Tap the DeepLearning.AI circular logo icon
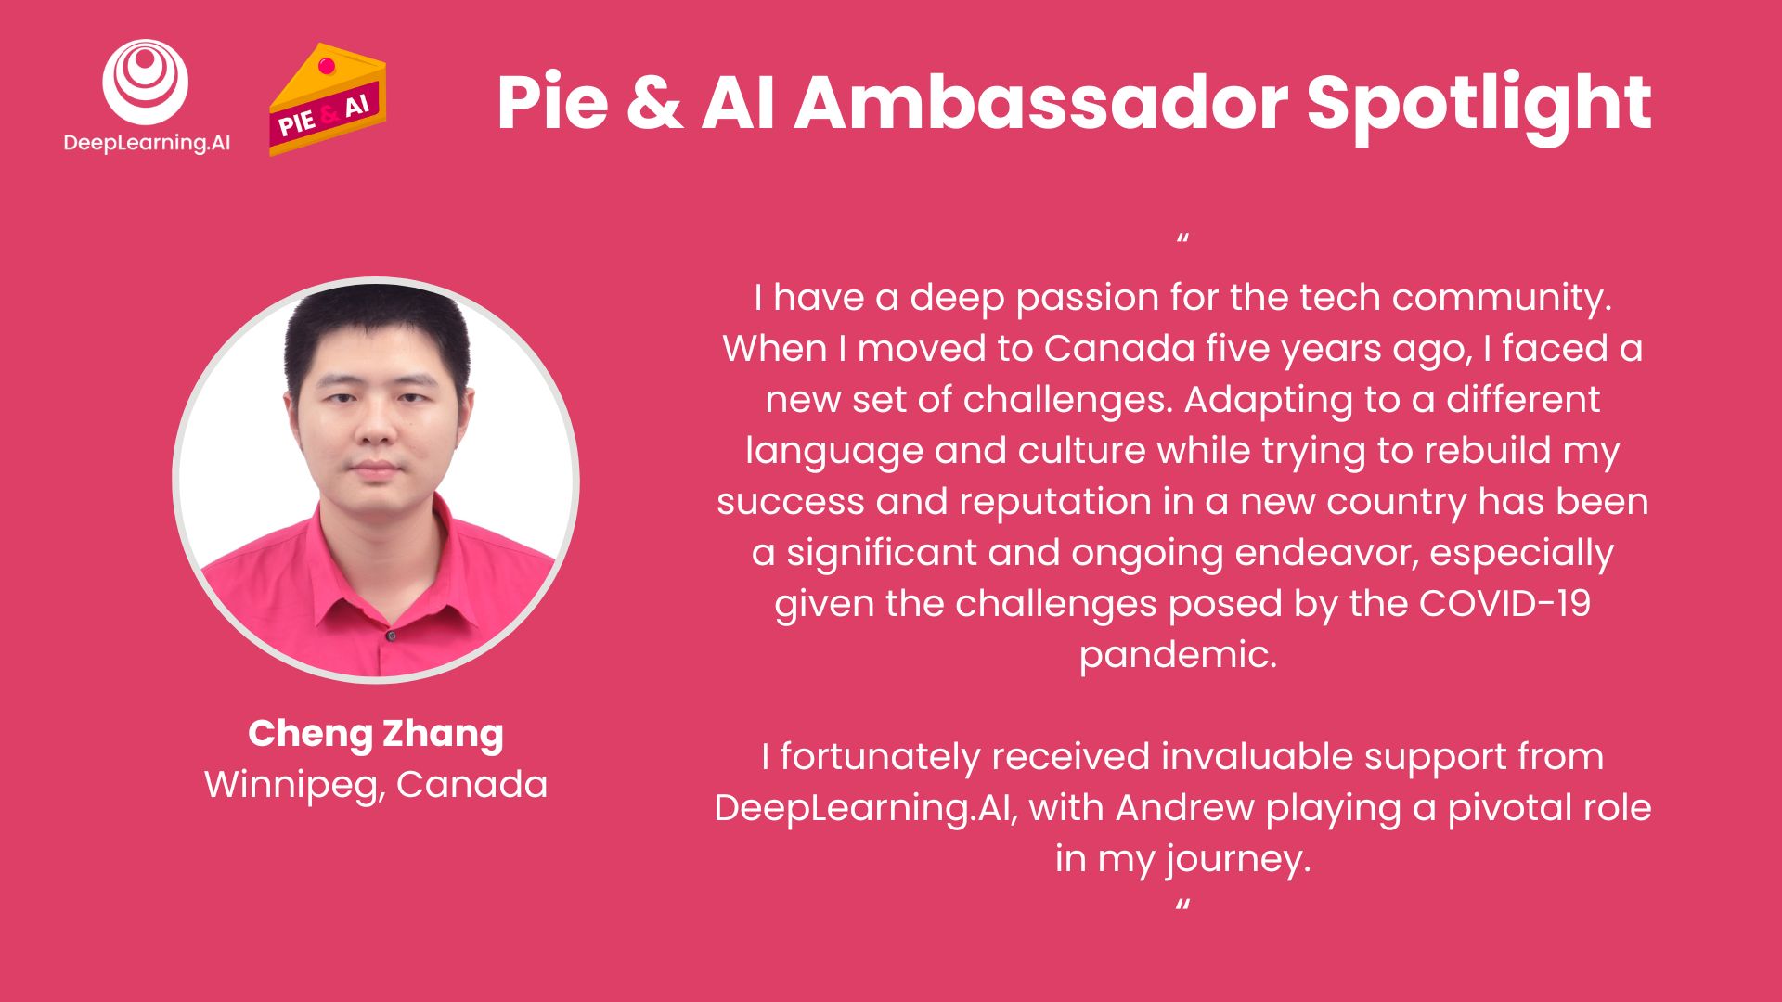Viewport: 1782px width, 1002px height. tap(146, 82)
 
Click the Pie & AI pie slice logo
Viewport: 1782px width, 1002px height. tap(327, 100)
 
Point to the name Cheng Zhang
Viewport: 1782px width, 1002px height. tap(376, 733)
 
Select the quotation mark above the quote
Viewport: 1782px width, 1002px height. tap(1182, 240)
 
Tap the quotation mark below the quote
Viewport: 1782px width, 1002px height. tap(1182, 905)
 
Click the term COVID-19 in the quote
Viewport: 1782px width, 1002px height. tap(1504, 604)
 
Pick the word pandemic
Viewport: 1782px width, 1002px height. tap(1178, 655)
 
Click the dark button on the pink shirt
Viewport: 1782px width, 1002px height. tap(391, 636)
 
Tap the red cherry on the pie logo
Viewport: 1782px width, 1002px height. tap(326, 66)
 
